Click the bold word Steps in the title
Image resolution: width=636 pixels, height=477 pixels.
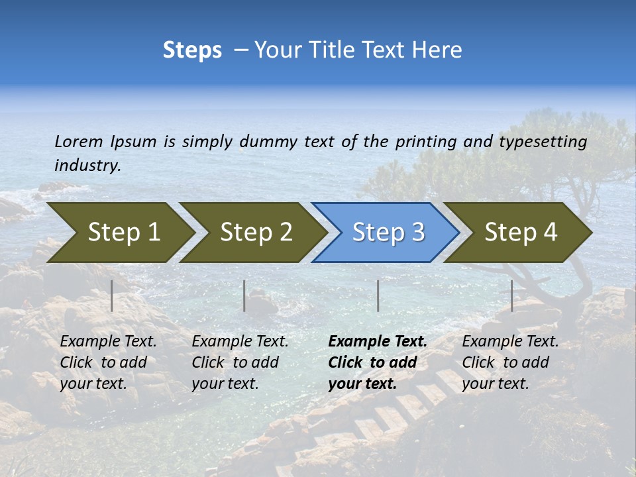[x=192, y=50]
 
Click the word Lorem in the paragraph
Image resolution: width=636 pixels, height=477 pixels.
[x=79, y=141]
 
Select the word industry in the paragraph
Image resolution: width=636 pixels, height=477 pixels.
[x=86, y=165]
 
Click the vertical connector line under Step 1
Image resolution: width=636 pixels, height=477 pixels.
[x=112, y=295]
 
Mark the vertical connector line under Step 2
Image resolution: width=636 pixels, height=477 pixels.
[x=244, y=295]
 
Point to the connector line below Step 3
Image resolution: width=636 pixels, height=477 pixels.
[x=378, y=295]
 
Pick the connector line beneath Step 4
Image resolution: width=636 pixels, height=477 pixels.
[x=511, y=295]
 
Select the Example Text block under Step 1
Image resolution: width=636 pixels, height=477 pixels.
[x=108, y=362]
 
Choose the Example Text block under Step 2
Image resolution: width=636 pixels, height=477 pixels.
[x=240, y=362]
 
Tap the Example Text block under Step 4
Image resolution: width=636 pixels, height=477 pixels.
[x=510, y=362]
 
